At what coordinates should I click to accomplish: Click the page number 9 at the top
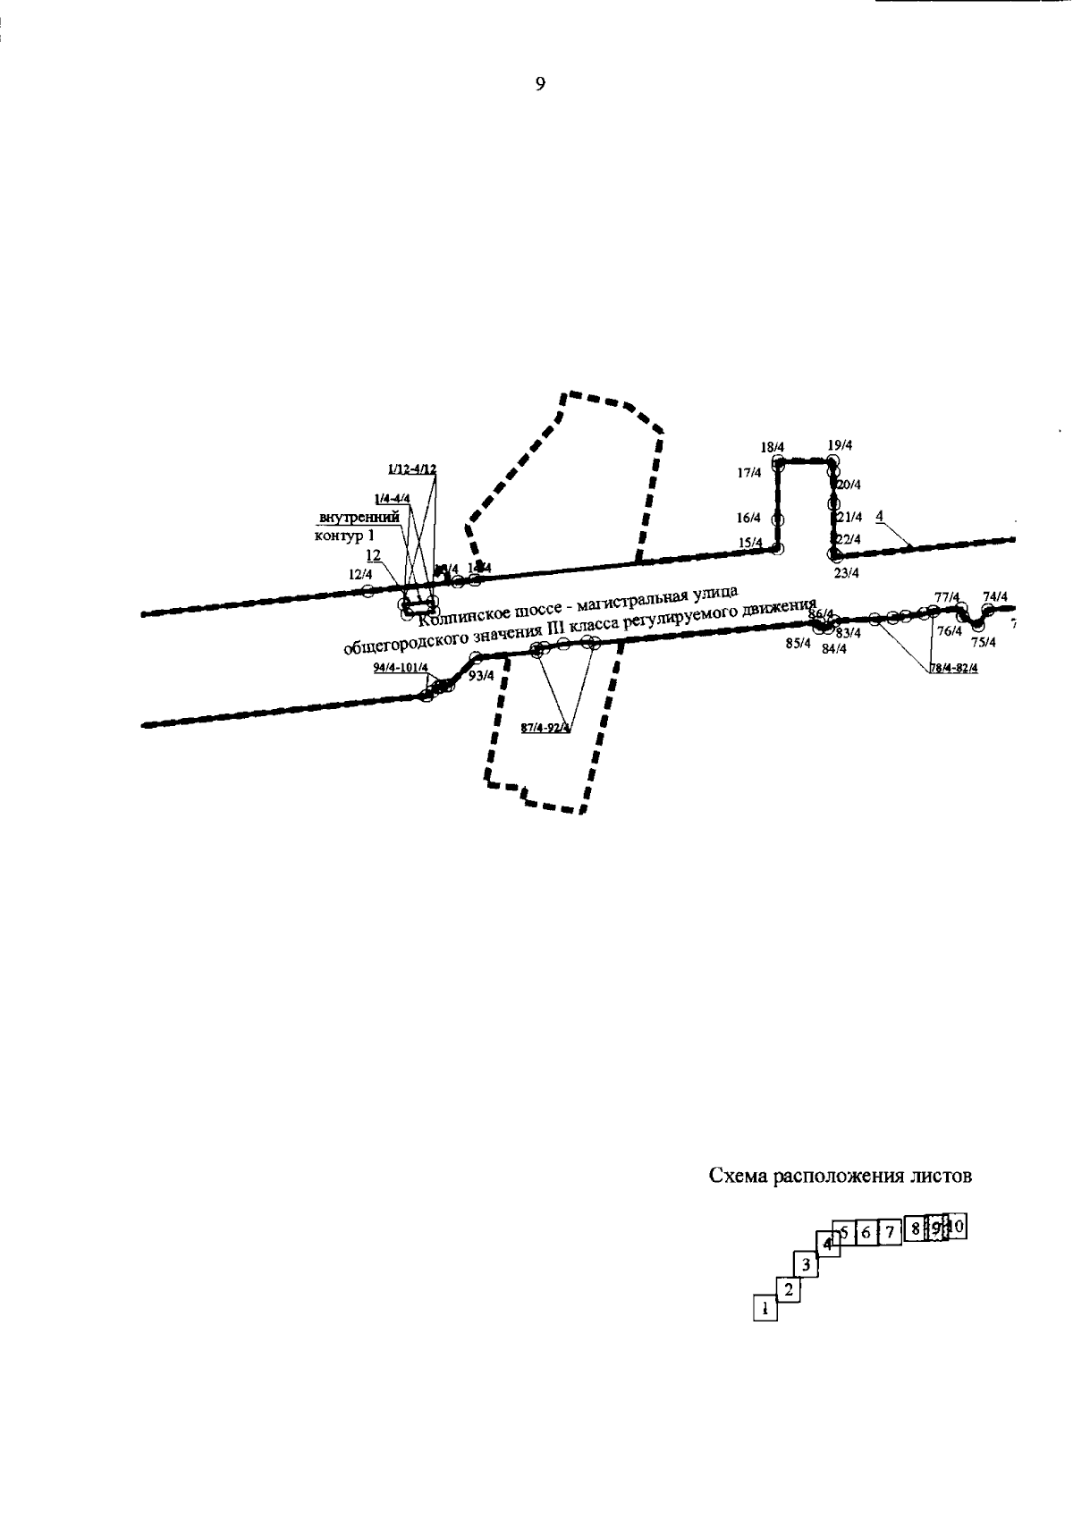click(539, 85)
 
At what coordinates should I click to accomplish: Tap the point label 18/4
click(772, 446)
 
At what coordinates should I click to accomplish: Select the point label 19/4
click(840, 445)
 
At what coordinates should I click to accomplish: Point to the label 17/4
click(748, 473)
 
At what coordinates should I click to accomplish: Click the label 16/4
click(748, 519)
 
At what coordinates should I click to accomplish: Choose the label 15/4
click(750, 544)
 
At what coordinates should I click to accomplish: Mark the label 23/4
click(846, 574)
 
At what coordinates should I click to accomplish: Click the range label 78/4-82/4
click(953, 669)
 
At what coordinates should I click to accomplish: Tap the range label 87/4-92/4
click(545, 728)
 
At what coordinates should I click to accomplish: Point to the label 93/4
click(481, 676)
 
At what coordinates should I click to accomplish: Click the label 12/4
click(360, 574)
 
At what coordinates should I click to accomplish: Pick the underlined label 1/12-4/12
click(411, 469)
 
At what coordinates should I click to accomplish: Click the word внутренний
click(359, 518)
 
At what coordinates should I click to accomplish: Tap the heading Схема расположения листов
click(840, 1176)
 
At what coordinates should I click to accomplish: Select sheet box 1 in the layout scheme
click(765, 1309)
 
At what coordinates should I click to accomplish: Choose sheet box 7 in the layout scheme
click(890, 1232)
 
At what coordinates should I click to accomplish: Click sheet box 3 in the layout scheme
click(805, 1264)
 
